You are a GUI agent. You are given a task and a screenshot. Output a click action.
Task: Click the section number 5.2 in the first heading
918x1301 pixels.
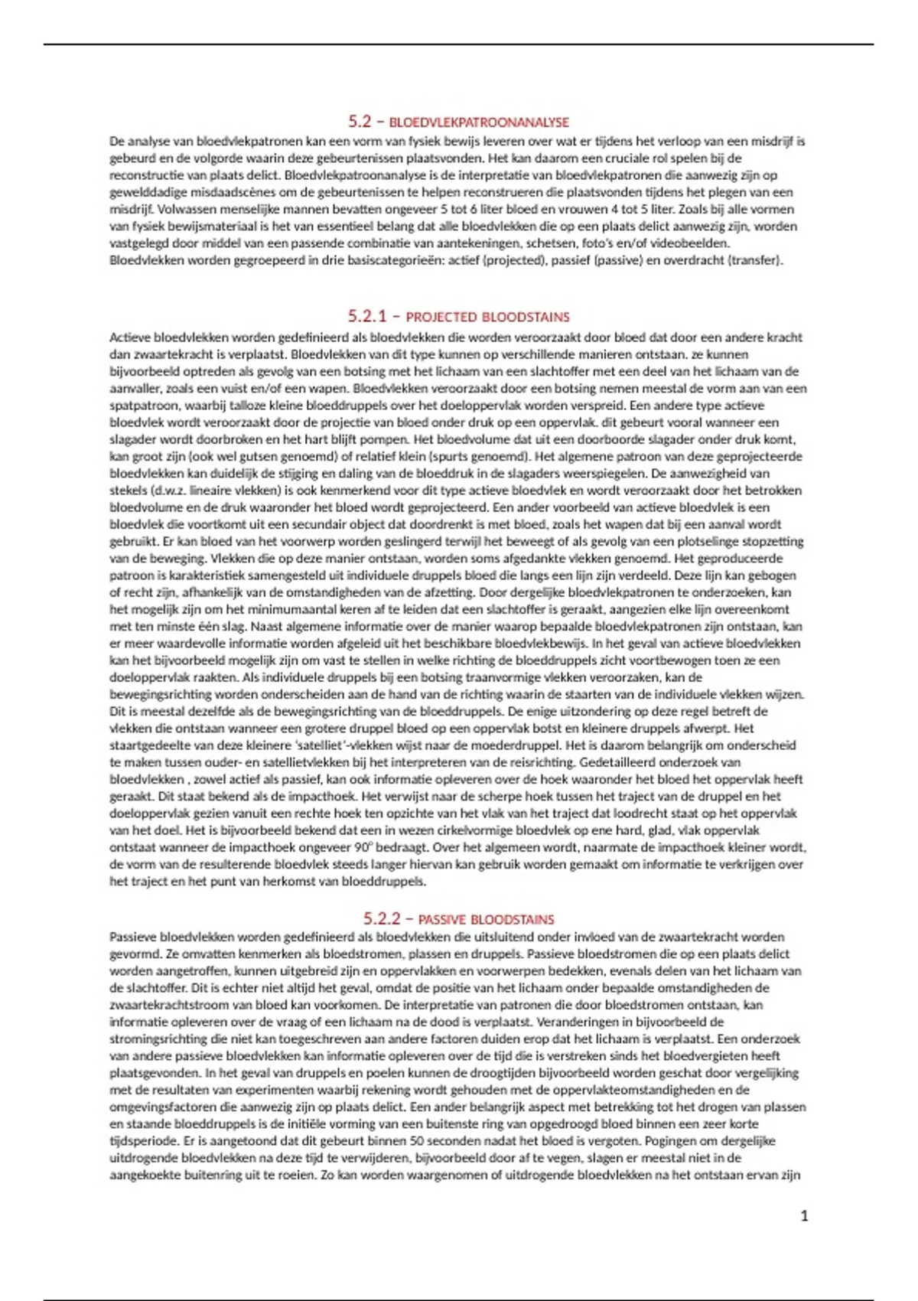tap(360, 122)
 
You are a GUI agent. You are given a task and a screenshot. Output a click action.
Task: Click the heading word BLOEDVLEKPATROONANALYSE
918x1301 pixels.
tap(479, 122)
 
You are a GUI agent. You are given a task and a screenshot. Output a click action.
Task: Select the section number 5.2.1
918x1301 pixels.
tap(368, 316)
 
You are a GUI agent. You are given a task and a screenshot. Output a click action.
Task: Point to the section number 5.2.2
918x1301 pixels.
tap(382, 918)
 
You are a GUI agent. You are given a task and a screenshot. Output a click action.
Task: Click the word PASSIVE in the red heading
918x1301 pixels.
tap(441, 919)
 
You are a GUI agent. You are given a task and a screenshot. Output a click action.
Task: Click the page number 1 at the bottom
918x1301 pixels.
tap(804, 1215)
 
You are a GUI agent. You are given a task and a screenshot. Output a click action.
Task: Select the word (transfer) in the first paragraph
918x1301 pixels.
tap(756, 260)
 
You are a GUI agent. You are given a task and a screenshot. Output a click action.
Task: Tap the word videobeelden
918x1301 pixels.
tap(693, 243)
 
